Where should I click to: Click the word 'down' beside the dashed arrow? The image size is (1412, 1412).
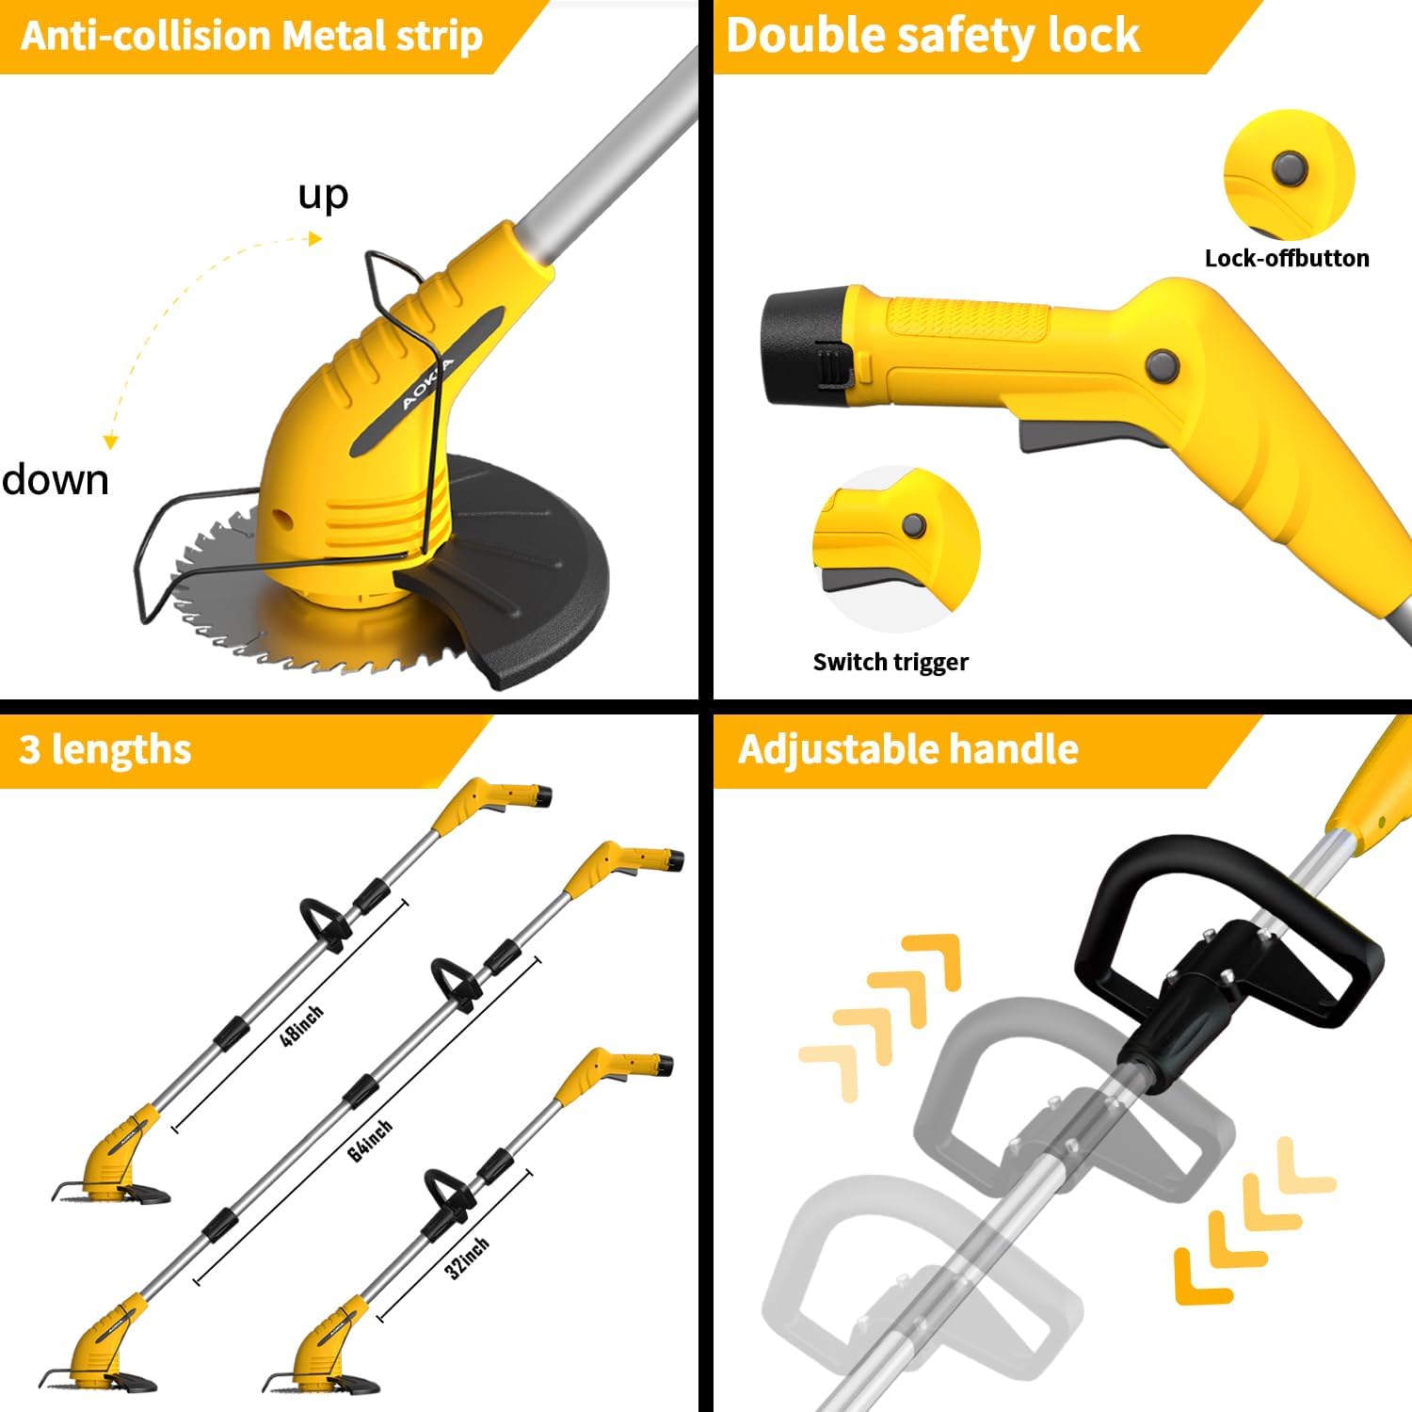click(56, 480)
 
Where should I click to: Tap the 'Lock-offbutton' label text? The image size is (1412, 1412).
click(1287, 258)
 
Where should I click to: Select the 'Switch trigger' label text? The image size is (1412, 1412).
click(891, 662)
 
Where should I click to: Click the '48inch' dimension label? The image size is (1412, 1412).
click(302, 1025)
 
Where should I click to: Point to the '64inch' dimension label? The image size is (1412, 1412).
click(370, 1141)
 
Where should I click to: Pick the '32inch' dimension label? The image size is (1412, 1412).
click(467, 1259)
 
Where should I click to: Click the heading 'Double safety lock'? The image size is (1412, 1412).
click(933, 36)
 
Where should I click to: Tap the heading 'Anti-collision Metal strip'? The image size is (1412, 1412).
click(251, 36)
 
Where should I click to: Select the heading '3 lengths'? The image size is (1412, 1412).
click(105, 749)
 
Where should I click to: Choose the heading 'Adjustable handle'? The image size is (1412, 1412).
click(908, 749)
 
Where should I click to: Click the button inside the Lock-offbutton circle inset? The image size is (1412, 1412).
click(1290, 169)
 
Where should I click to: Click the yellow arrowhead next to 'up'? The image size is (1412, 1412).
click(315, 239)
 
